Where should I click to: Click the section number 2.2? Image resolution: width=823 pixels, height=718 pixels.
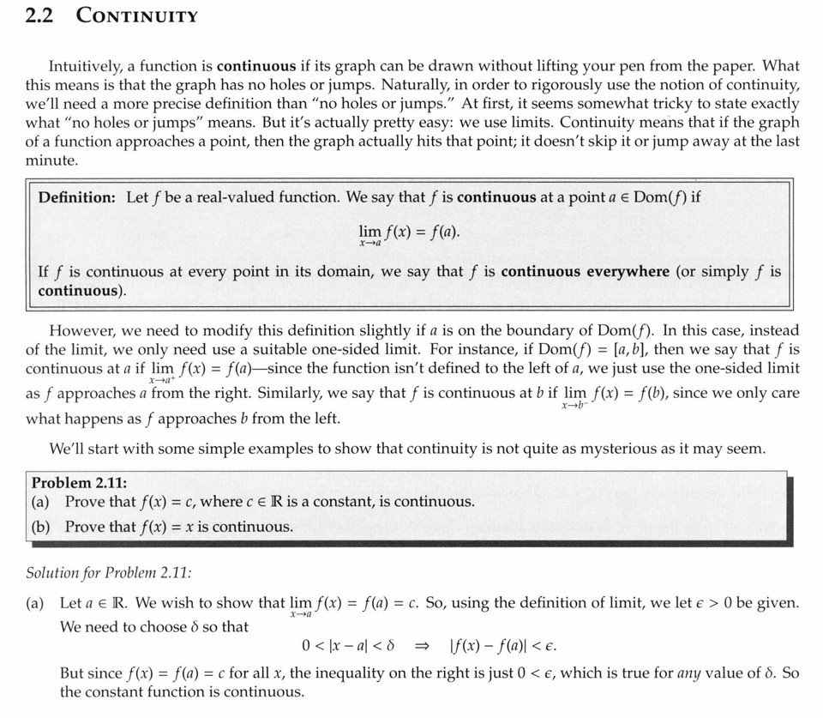click(40, 15)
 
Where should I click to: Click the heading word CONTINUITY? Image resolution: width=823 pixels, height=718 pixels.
click(137, 16)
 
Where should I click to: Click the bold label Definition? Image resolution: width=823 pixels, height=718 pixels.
click(77, 197)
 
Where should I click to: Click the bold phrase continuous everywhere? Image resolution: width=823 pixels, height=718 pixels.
click(586, 272)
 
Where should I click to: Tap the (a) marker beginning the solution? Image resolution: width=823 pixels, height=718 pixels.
click(36, 603)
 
